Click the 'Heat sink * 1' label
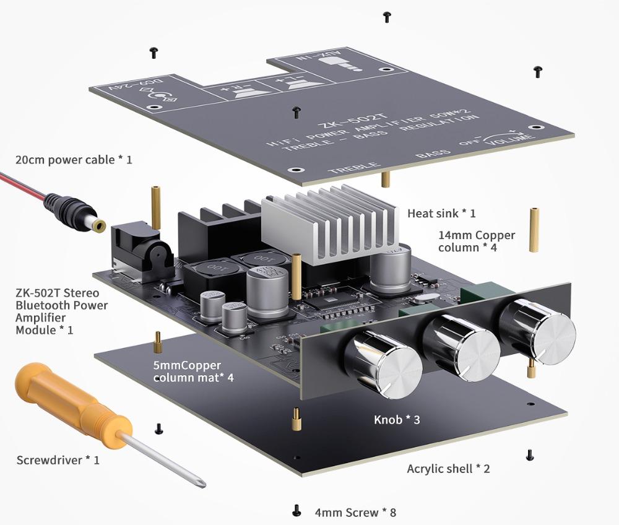point(441,214)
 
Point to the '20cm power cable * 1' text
point(74,160)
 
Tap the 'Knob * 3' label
point(397,420)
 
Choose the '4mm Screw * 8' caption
point(355,513)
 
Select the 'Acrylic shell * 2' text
point(448,469)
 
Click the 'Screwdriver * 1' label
point(58,460)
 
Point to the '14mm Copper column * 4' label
point(476,241)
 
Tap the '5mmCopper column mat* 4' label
point(193,371)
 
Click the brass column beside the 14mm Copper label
point(533,230)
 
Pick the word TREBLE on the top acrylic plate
point(353,167)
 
